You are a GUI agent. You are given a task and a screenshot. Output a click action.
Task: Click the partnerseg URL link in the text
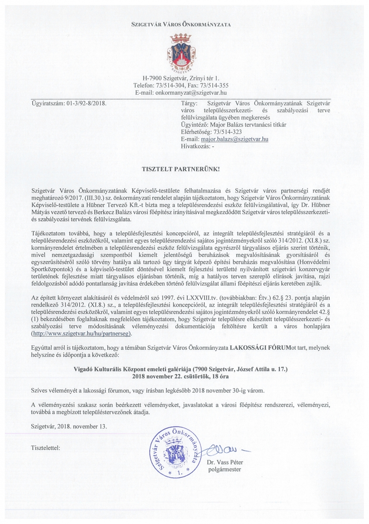(x=81, y=333)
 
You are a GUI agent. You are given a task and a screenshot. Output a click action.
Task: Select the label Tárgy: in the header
(x=189, y=103)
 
